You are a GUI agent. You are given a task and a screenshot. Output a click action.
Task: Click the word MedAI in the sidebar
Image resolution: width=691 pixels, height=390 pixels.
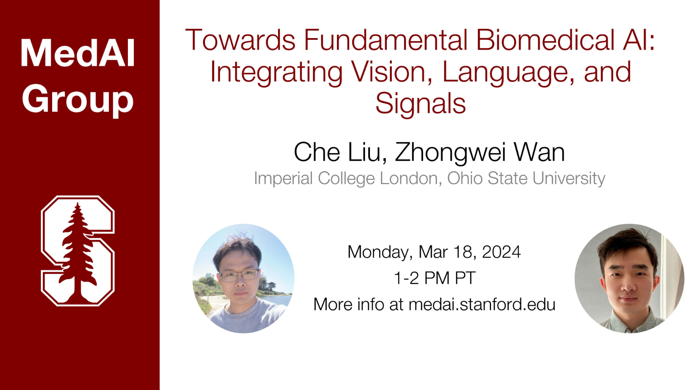click(x=78, y=53)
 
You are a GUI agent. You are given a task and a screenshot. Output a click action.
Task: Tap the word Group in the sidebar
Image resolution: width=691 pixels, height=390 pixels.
click(x=78, y=100)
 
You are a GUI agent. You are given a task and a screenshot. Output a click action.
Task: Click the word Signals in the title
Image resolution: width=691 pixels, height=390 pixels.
click(x=420, y=104)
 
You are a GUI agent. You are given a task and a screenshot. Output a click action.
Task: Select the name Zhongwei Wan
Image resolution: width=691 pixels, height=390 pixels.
click(x=480, y=153)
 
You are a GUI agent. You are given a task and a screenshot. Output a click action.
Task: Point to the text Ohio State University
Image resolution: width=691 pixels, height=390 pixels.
click(x=526, y=178)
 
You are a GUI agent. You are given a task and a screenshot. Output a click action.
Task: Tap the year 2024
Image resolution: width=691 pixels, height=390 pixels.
click(x=501, y=252)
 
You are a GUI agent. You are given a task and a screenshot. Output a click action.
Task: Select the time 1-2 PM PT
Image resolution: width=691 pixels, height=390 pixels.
click(x=435, y=278)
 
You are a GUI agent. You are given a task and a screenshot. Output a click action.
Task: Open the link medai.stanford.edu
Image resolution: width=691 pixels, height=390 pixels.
click(x=482, y=304)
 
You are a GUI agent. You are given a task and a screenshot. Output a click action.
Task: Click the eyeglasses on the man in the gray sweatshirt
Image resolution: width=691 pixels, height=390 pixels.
click(x=239, y=275)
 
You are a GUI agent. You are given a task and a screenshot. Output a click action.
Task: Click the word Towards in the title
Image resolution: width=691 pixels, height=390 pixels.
click(x=240, y=40)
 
